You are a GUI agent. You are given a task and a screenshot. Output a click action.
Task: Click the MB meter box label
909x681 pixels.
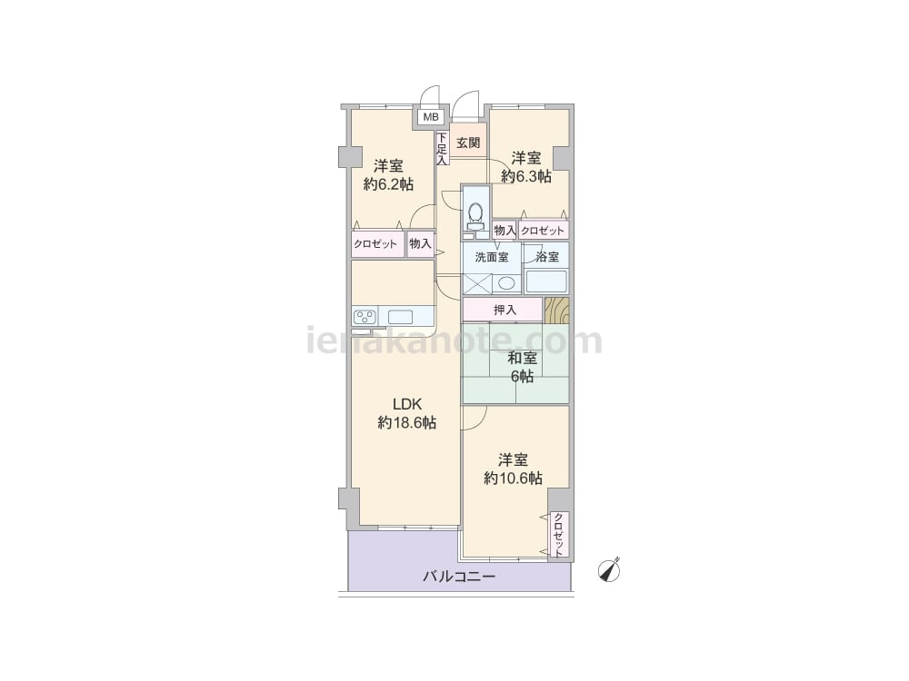(x=430, y=117)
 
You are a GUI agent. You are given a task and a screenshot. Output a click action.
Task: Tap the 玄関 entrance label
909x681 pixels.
(x=468, y=143)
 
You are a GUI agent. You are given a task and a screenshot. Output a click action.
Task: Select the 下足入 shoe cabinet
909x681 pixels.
(x=443, y=148)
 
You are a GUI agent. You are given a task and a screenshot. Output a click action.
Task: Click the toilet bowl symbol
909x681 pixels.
(x=476, y=212)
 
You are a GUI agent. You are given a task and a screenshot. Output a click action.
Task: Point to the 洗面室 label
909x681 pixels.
(x=492, y=257)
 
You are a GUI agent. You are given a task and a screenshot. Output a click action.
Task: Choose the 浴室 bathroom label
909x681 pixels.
(x=548, y=257)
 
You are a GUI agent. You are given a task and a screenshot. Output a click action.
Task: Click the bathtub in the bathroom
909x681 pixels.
(x=545, y=282)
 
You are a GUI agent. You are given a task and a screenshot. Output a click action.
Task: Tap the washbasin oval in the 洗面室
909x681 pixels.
(x=506, y=283)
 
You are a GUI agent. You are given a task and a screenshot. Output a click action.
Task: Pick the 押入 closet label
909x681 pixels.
(x=504, y=310)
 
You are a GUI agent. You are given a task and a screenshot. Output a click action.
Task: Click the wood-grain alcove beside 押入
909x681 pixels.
(x=556, y=311)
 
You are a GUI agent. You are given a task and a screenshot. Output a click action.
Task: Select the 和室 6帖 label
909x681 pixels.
(x=522, y=367)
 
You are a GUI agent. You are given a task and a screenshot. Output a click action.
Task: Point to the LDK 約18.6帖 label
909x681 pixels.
(x=407, y=413)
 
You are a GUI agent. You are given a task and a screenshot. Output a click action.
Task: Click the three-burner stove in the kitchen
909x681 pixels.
(x=365, y=317)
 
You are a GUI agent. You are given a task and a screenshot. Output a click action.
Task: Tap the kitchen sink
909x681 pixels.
(x=400, y=317)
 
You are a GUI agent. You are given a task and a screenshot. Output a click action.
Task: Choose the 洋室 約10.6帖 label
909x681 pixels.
(x=513, y=469)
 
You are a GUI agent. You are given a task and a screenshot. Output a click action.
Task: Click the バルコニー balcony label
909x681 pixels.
(x=458, y=577)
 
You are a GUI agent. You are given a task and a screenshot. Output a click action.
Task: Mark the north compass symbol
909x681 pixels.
(x=609, y=570)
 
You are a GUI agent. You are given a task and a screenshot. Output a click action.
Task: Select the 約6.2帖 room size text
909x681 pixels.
(x=388, y=184)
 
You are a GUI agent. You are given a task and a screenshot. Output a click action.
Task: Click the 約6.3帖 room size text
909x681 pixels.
(x=526, y=176)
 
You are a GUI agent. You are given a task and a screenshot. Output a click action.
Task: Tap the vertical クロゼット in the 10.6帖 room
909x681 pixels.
(x=559, y=535)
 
